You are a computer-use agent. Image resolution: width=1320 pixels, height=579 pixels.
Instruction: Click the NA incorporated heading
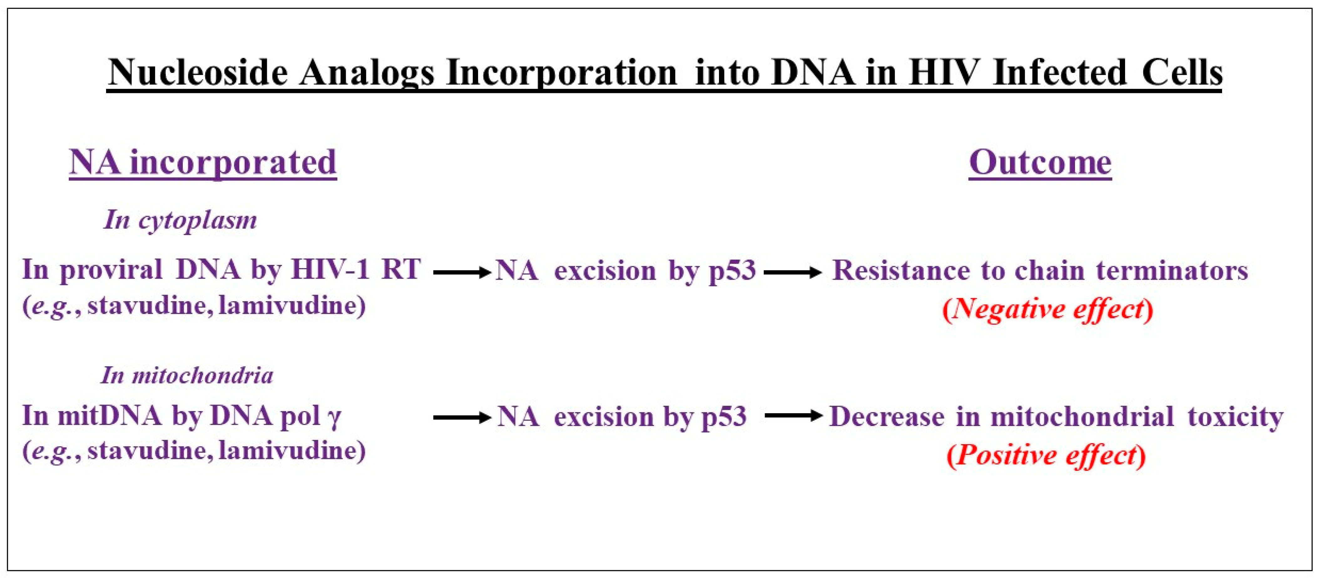203,163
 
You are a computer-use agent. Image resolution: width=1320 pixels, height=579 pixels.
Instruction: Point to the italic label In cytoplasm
181,220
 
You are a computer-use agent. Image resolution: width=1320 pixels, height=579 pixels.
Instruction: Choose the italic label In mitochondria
187,375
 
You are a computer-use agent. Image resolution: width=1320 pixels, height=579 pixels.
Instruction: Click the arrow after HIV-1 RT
462,272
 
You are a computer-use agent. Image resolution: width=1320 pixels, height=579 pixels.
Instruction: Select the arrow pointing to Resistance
793,272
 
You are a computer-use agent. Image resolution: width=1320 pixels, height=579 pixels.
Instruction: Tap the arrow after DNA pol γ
462,418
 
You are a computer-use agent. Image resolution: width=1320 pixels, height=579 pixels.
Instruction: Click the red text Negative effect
1048,309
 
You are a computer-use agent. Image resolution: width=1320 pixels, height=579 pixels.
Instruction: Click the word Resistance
901,270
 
